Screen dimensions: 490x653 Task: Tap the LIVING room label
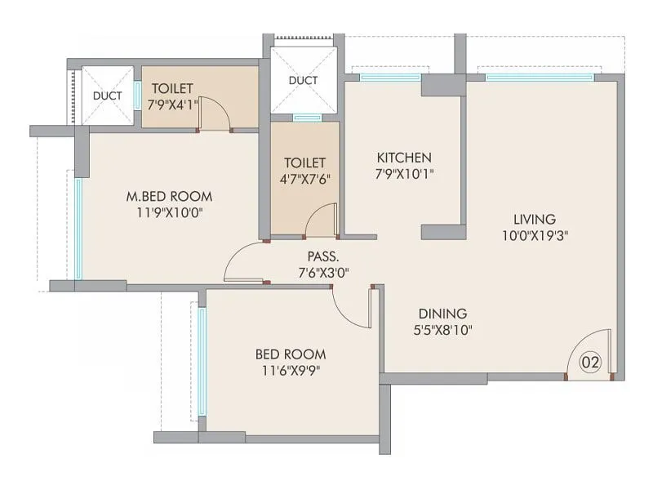(x=535, y=219)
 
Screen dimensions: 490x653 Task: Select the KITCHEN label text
(x=403, y=157)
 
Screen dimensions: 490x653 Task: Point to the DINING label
(x=442, y=314)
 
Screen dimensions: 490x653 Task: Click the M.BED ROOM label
(x=169, y=196)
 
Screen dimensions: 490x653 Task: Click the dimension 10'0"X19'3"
(x=535, y=236)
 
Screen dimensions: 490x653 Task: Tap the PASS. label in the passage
(x=324, y=256)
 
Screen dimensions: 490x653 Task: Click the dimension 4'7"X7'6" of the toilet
(x=305, y=179)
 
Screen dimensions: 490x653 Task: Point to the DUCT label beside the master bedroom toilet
(x=107, y=96)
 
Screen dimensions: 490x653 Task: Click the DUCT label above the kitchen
(x=304, y=81)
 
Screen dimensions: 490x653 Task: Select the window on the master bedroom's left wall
(x=79, y=228)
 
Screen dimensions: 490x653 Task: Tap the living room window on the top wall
(x=540, y=78)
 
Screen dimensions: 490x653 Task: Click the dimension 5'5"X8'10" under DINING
(x=442, y=331)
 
